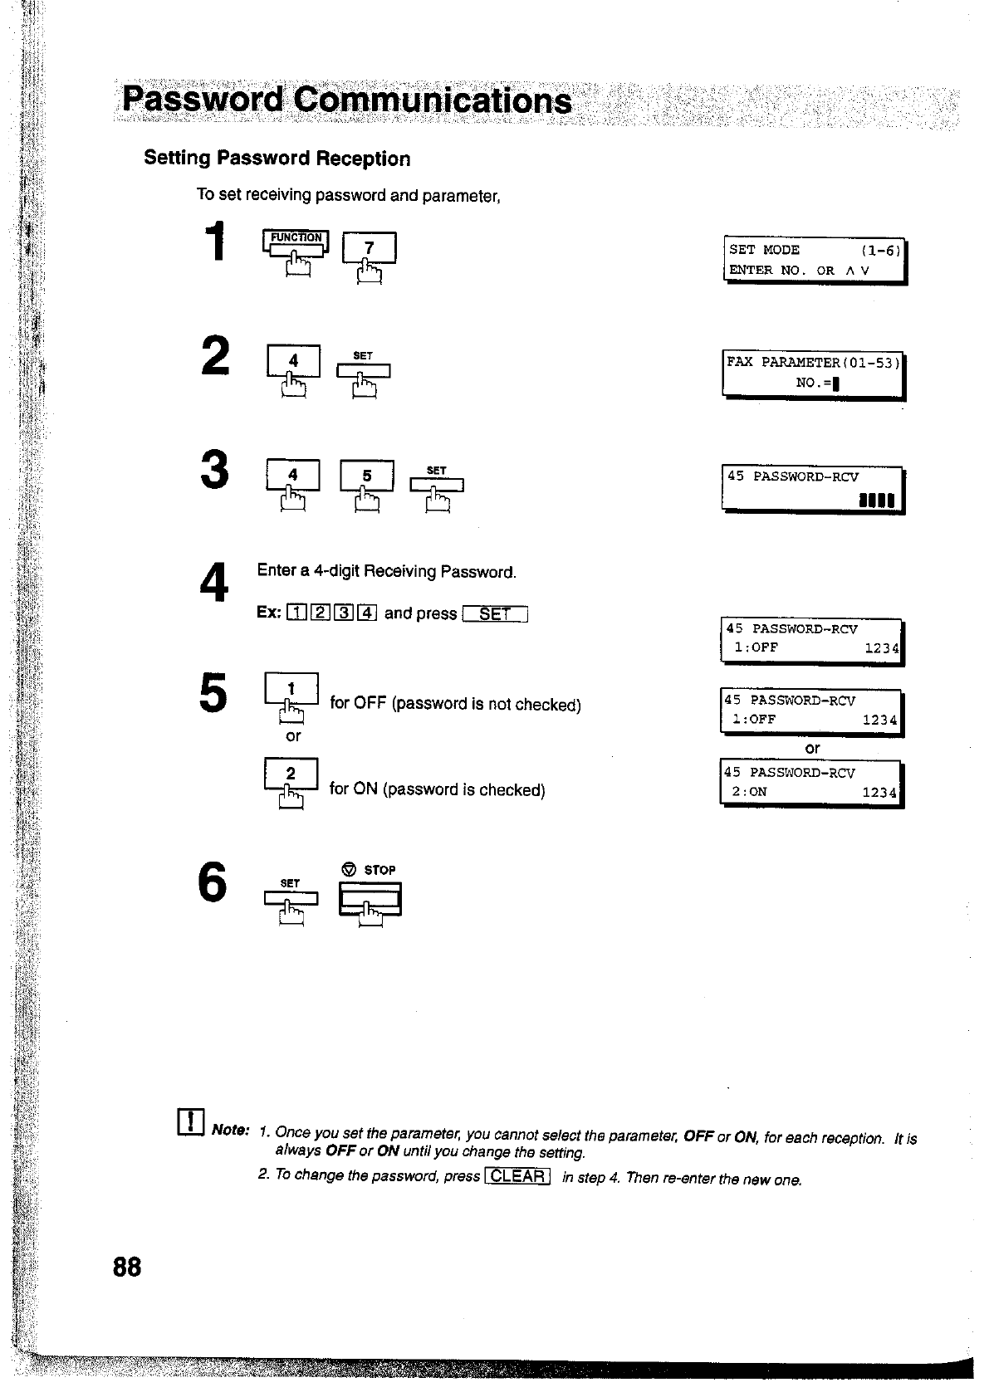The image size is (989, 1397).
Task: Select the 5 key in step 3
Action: pyautogui.click(x=366, y=476)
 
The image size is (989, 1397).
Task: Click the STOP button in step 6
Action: pyautogui.click(x=370, y=898)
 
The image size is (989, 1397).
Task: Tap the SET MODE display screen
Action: pyautogui.click(x=815, y=260)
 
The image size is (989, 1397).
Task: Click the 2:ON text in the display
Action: pyautogui.click(x=749, y=792)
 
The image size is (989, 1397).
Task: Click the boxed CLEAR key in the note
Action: pyautogui.click(x=517, y=1176)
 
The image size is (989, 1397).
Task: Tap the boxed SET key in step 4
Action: pyautogui.click(x=495, y=614)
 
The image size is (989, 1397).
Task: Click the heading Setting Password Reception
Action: pyautogui.click(x=277, y=159)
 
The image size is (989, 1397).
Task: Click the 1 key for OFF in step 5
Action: pyautogui.click(x=291, y=689)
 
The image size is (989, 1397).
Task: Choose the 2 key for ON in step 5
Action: pyautogui.click(x=291, y=774)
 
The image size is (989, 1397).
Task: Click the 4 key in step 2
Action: pyautogui.click(x=292, y=362)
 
